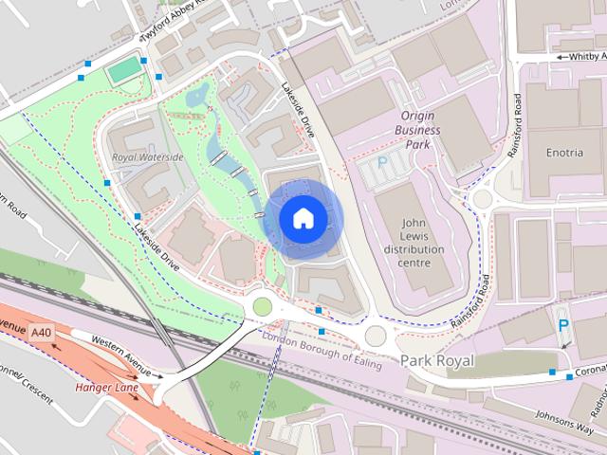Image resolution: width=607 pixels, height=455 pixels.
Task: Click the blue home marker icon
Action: pos(303,218)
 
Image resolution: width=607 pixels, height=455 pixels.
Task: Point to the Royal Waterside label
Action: pos(147,156)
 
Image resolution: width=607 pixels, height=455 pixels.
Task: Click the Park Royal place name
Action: pos(436,361)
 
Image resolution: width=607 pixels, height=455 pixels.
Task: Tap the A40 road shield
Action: pos(40,333)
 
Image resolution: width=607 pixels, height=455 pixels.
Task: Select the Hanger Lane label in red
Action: pos(107,388)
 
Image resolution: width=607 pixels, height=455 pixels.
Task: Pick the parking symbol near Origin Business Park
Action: pos(382,163)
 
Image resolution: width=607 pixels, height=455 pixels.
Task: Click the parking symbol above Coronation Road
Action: pos(563,325)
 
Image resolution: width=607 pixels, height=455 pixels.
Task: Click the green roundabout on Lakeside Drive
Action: pos(262,307)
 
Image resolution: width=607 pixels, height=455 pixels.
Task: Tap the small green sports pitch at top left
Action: pos(122,69)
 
